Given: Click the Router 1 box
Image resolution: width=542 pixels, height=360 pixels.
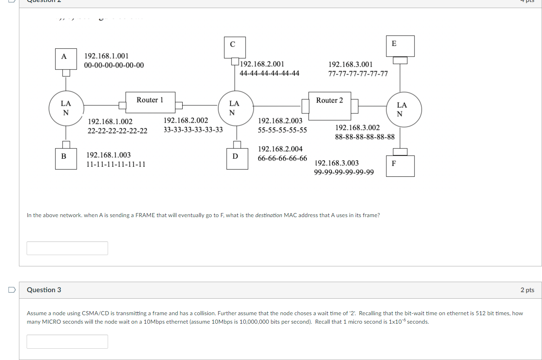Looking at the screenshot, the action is [150, 102].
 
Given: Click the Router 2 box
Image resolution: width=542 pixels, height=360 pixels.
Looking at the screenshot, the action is [329, 106].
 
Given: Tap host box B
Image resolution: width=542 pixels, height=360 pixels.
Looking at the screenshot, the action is [66, 159].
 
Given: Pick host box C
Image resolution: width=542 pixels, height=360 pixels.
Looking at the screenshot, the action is [232, 47].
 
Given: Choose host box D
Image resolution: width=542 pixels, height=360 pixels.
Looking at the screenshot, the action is [235, 159].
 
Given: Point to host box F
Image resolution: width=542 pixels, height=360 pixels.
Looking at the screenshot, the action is [400, 166].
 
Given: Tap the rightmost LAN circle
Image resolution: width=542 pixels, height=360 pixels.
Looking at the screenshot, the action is [404, 109].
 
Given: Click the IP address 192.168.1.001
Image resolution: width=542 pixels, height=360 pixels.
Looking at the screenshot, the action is [106, 56].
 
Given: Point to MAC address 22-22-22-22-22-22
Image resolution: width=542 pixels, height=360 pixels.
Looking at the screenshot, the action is [117, 131].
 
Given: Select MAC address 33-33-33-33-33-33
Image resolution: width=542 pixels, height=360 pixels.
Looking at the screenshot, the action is [193, 130].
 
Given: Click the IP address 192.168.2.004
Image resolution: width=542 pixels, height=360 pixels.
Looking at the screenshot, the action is [280, 149].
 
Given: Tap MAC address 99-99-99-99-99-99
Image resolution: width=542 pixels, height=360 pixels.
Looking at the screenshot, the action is [344, 172].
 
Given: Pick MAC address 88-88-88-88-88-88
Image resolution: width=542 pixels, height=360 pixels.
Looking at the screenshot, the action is [365, 137].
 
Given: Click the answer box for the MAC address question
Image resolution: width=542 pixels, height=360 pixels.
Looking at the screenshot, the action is [67, 248].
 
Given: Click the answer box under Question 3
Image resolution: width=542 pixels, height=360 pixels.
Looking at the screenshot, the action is [67, 341].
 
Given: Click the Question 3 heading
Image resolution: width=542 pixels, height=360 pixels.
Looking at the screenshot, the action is [44, 290].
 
